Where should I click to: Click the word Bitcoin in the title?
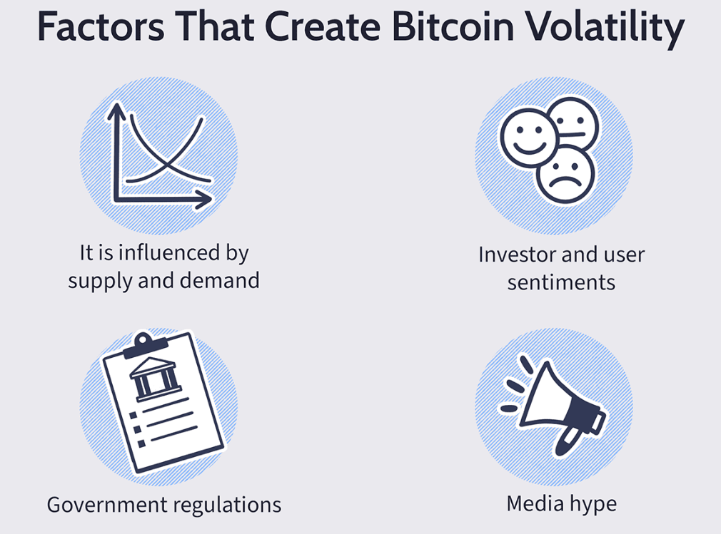tap(453, 26)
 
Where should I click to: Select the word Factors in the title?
tap(101, 26)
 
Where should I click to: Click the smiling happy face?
tap(529, 138)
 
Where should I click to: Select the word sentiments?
tap(561, 282)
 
